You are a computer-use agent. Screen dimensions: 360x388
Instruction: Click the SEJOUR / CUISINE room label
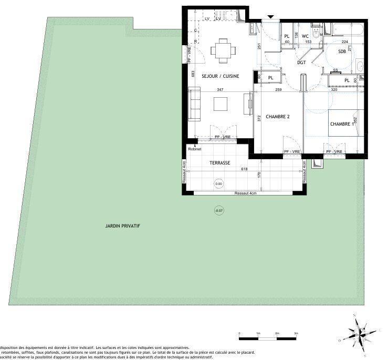[x=221, y=76]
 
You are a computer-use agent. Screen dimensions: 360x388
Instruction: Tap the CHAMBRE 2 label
[x=277, y=117]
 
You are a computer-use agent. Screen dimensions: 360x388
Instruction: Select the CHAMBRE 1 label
[x=341, y=124]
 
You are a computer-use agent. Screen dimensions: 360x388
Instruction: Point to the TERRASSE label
[x=219, y=163]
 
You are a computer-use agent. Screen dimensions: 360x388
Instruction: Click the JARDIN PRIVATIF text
[x=122, y=226]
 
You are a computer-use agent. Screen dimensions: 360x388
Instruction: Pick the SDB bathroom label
[x=342, y=52]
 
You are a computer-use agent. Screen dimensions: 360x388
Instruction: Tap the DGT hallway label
[x=301, y=63]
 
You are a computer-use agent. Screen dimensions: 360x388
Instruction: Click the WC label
[x=305, y=36]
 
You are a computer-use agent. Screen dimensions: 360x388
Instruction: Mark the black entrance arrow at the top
[x=270, y=17]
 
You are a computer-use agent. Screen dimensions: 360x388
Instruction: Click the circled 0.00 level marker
[x=218, y=184]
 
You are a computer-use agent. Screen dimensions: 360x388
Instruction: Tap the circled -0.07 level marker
[x=218, y=211]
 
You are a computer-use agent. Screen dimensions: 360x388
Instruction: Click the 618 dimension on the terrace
[x=244, y=169]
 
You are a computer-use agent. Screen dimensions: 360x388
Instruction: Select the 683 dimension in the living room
[x=193, y=74]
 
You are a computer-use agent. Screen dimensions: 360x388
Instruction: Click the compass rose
[x=360, y=331]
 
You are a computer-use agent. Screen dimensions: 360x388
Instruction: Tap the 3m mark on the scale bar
[x=296, y=334]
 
